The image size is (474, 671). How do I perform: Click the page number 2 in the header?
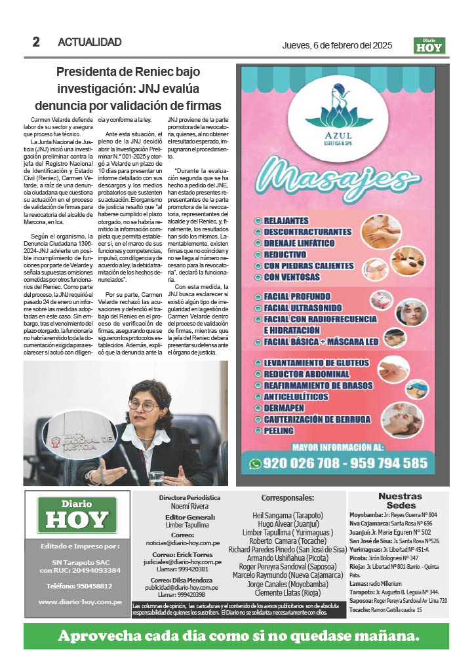point(37,43)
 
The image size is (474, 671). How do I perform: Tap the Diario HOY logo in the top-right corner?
point(430,45)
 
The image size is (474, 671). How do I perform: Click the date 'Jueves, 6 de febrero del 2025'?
point(337,45)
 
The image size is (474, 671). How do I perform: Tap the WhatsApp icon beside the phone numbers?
point(256,463)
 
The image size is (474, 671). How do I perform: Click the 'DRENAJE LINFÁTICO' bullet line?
point(299,243)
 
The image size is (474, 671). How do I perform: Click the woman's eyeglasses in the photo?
point(142,406)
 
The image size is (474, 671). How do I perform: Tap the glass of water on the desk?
point(156,477)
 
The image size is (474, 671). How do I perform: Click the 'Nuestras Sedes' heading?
point(400,501)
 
